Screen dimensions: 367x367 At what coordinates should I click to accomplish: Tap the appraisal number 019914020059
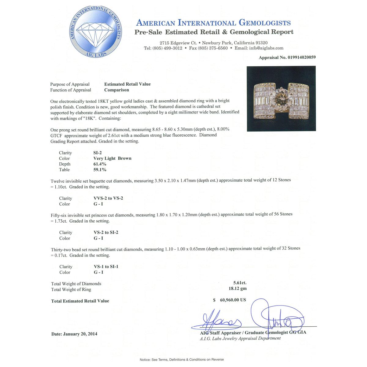pyautogui.click(x=301, y=57)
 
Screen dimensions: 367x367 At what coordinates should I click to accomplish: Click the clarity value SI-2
pyautogui.click(x=98, y=153)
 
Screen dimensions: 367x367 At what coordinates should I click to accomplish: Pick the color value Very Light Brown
pyautogui.click(x=112, y=158)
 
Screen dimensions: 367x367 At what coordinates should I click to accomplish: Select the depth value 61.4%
pyautogui.click(x=100, y=164)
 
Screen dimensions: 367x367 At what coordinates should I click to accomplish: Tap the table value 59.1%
pyautogui.click(x=100, y=170)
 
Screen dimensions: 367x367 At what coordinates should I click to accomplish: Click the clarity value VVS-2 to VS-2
pyautogui.click(x=108, y=198)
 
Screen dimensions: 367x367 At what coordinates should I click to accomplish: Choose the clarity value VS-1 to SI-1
pyautogui.click(x=106, y=267)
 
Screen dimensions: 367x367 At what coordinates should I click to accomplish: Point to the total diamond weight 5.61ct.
pyautogui.click(x=240, y=283)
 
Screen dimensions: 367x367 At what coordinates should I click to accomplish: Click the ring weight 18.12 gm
pyautogui.click(x=238, y=288)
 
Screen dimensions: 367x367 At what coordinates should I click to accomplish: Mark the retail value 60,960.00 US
pyautogui.click(x=233, y=300)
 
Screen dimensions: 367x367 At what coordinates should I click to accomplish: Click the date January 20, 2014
pyautogui.click(x=74, y=334)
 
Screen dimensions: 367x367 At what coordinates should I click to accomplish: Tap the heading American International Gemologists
pyautogui.click(x=213, y=23)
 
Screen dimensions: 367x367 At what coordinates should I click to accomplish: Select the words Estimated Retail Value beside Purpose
pyautogui.click(x=127, y=84)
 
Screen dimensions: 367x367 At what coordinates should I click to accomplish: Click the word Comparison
pyautogui.click(x=117, y=90)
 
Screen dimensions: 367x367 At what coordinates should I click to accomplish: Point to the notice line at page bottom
pyautogui.click(x=182, y=360)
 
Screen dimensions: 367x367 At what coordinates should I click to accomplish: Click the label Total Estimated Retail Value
pyautogui.click(x=80, y=301)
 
